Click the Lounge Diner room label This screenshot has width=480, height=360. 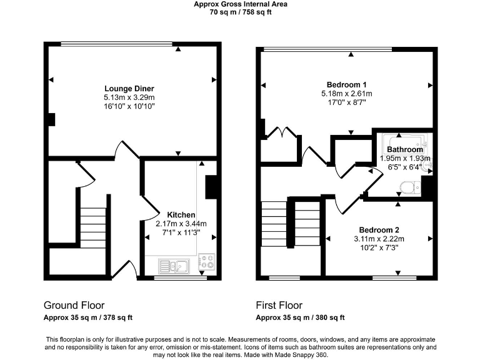[x=129, y=89]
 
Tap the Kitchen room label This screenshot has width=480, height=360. [x=181, y=215]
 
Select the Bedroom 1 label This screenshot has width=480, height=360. [x=346, y=85]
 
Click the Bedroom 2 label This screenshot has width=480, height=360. [x=379, y=229]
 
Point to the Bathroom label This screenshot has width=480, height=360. [x=405, y=150]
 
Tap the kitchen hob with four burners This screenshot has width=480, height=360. [x=206, y=262]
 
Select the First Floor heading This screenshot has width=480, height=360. [x=279, y=306]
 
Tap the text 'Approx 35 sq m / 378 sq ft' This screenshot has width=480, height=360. [x=87, y=317]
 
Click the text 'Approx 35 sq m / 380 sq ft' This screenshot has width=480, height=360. [x=300, y=317]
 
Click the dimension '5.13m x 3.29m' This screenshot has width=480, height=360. [x=129, y=98]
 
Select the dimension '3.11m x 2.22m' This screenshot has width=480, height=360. [x=379, y=239]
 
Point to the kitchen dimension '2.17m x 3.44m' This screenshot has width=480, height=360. [x=181, y=224]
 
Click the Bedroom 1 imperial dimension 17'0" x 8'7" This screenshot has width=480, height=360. [x=346, y=103]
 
